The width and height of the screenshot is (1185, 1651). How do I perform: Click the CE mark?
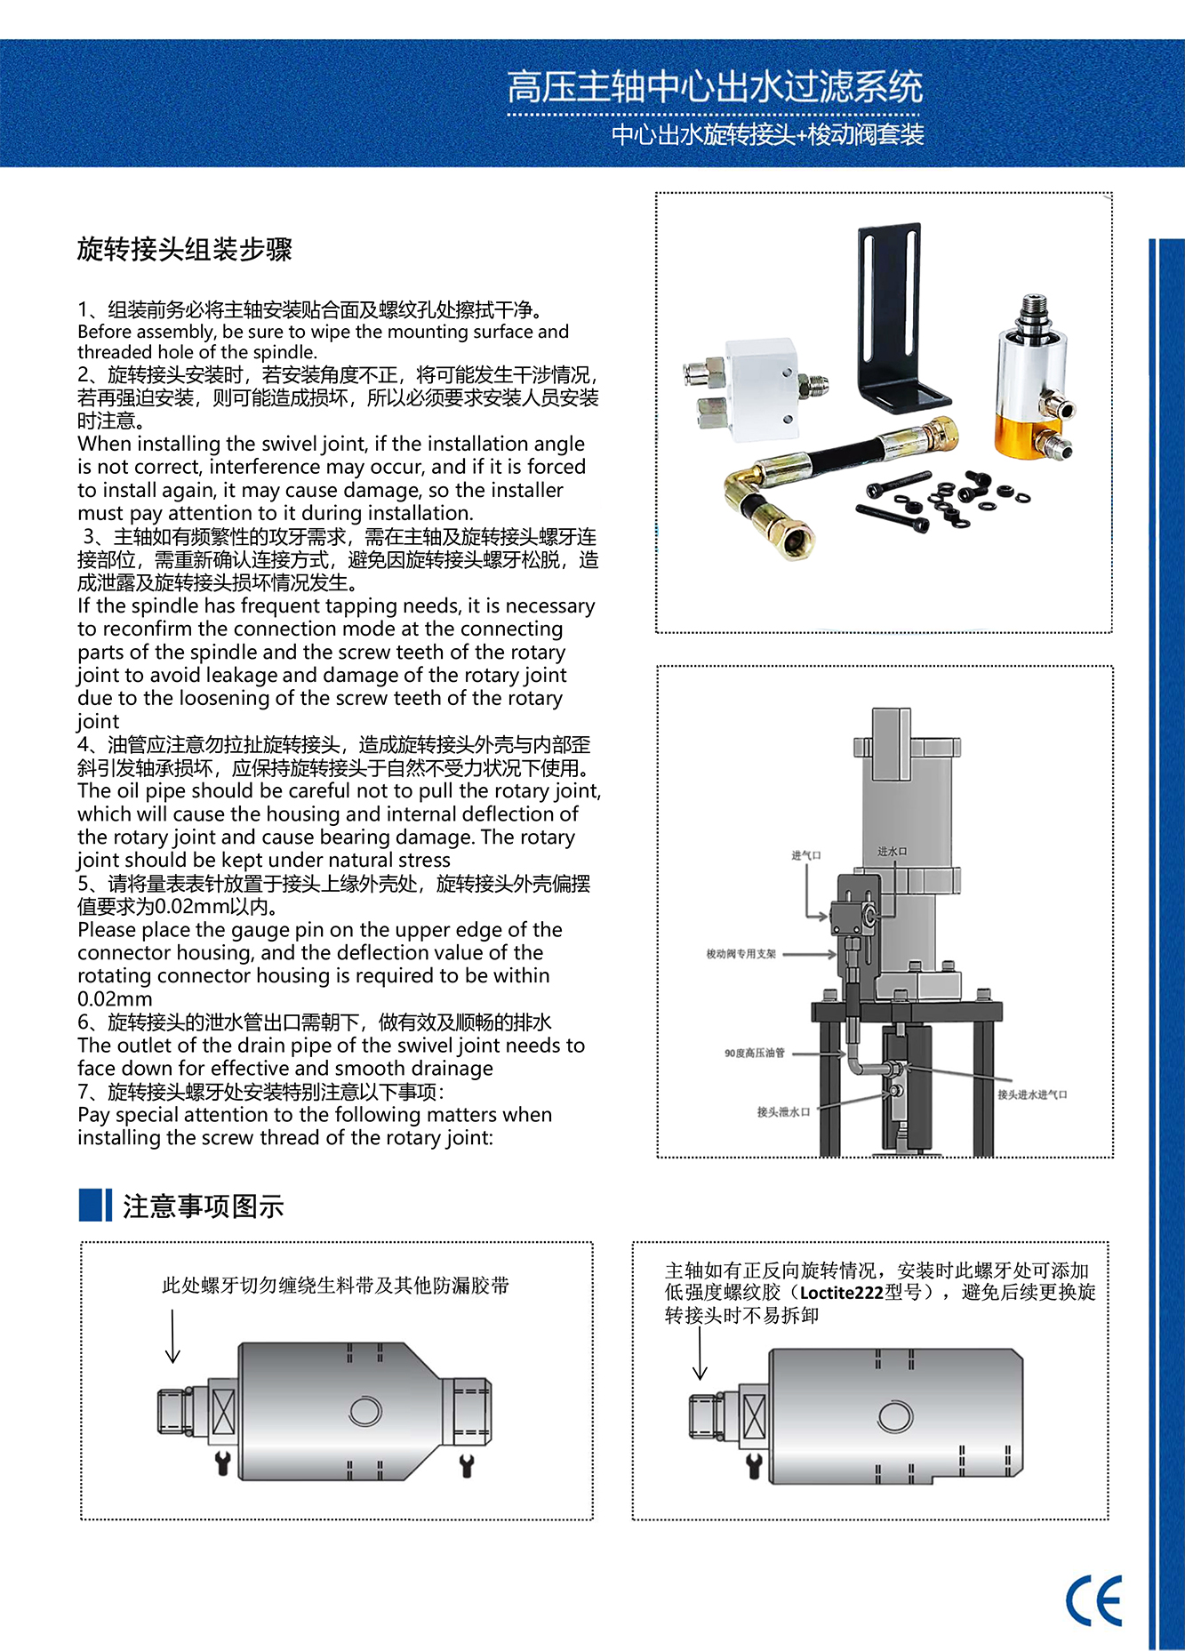[x=1094, y=1600]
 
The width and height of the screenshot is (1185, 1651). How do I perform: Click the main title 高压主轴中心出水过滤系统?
[x=715, y=87]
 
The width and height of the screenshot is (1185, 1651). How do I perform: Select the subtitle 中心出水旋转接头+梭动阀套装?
[x=768, y=135]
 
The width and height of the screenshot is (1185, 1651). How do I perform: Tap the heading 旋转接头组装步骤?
[x=185, y=249]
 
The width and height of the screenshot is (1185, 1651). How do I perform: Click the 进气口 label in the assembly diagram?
[x=806, y=855]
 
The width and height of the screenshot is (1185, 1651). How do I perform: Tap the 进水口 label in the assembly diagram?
[x=892, y=851]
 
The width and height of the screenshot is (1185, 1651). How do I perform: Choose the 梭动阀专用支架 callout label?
[x=741, y=954]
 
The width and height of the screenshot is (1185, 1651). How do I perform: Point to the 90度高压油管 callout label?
[x=755, y=1053]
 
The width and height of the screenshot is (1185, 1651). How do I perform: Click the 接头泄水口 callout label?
[x=783, y=1111]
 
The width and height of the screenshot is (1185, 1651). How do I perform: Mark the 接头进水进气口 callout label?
[x=1032, y=1094]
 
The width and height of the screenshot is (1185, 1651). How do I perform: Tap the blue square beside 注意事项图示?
[x=95, y=1205]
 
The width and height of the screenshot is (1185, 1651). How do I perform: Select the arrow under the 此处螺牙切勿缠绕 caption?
[x=172, y=1336]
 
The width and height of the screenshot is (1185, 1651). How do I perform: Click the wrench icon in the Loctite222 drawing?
[x=754, y=1465]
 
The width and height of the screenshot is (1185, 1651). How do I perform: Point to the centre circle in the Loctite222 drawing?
[x=894, y=1416]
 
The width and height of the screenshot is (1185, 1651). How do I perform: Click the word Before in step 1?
[x=105, y=332]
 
